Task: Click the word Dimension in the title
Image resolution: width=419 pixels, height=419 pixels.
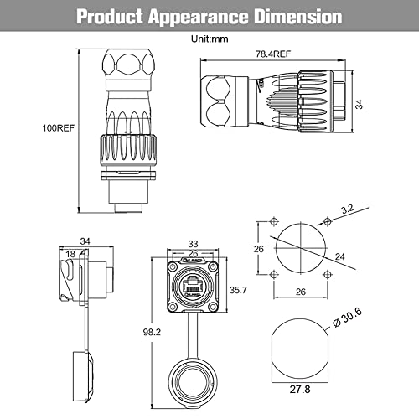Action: point(298,17)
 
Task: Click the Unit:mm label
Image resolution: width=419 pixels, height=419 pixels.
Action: point(209,39)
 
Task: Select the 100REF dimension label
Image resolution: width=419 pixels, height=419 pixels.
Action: point(59,128)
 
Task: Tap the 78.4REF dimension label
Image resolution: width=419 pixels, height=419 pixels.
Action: point(273,54)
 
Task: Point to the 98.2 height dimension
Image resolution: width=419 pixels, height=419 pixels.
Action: point(152,332)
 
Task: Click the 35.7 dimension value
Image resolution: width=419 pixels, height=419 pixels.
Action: point(238,290)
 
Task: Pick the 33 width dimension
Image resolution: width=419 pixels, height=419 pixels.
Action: point(193,244)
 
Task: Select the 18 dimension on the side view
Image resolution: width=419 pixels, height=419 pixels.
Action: point(70,254)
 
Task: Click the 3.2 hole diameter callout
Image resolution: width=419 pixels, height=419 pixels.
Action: point(348,209)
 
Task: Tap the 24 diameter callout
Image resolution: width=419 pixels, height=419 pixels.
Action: point(340,256)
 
